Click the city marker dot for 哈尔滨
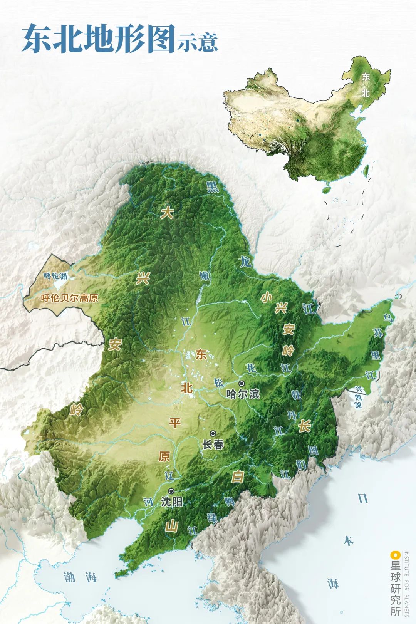click(x=242, y=383)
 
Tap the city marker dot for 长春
click(x=213, y=433)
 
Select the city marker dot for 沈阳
click(x=171, y=491)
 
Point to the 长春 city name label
click(x=213, y=445)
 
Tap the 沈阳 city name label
click(x=171, y=502)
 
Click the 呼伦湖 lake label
click(x=55, y=276)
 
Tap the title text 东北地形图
click(x=99, y=40)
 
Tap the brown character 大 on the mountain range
click(x=167, y=213)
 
